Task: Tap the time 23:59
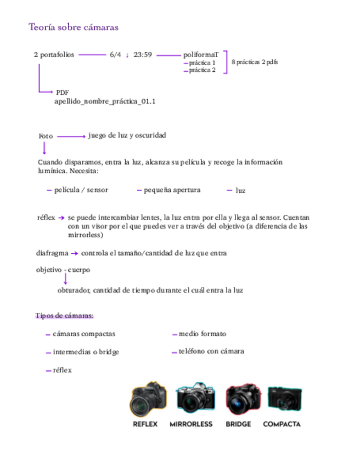pos(142,55)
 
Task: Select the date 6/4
pos(115,55)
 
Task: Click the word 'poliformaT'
pos(201,55)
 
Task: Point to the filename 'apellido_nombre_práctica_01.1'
pos(105,101)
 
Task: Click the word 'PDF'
pos(62,92)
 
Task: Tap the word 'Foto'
pos(46,136)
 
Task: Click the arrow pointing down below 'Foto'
pos(44,148)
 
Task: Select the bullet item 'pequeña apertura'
pos(172,190)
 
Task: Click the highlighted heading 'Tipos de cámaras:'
pos(64,316)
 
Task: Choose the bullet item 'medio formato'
pos(202,333)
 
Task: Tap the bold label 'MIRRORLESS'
pos(191,424)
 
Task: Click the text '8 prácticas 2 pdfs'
pos(255,62)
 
